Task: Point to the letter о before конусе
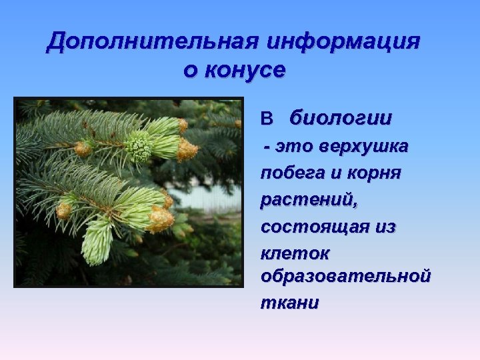(190, 69)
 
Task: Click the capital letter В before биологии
(267, 119)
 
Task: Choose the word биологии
(341, 119)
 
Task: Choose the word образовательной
(345, 275)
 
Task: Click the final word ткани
(289, 302)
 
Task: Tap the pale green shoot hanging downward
(97, 240)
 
